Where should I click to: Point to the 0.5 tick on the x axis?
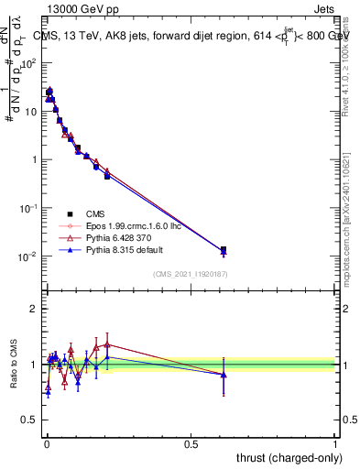pyautogui.click(x=191, y=442)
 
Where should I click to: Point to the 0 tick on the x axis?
pyautogui.click(x=46, y=442)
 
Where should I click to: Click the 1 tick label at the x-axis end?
pyautogui.click(x=334, y=442)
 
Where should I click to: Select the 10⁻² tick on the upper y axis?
pyautogui.click(x=29, y=256)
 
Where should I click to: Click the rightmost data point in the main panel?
pyautogui.click(x=224, y=250)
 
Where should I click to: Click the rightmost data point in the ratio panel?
pyautogui.click(x=224, y=374)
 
